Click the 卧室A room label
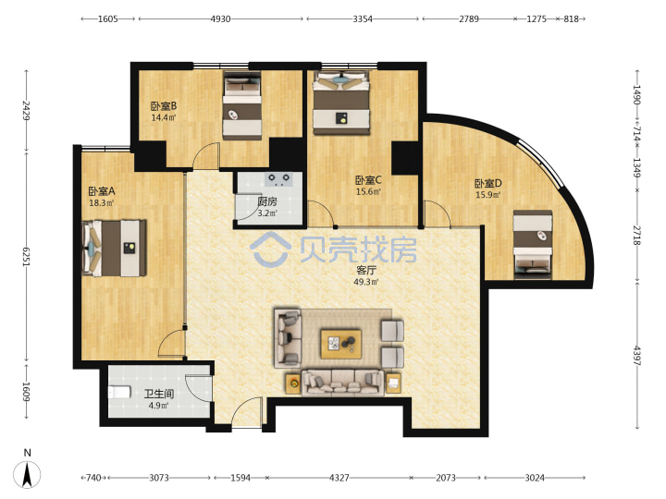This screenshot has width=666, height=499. click(102, 191)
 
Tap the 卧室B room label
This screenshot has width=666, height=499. click(164, 106)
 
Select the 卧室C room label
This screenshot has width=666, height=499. click(368, 181)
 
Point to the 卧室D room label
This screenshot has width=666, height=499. click(488, 184)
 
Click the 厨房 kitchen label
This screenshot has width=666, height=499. click(267, 201)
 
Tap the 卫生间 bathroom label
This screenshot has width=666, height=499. click(158, 395)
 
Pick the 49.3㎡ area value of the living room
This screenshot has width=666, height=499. click(366, 282)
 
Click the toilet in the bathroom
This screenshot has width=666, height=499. click(119, 392)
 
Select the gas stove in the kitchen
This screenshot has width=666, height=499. click(278, 179)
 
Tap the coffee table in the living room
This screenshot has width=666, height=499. click(341, 344)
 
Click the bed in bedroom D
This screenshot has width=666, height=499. click(533, 244)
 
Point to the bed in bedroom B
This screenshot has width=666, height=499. click(242, 105)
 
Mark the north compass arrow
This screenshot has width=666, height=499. click(27, 474)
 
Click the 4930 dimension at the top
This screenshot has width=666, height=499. click(221, 19)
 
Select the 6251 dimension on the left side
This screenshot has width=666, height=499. click(26, 257)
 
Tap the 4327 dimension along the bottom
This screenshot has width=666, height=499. click(339, 479)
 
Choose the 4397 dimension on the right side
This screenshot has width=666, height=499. click(637, 356)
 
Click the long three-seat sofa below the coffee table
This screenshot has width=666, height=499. click(343, 383)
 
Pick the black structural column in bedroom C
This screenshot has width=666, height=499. click(406, 158)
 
